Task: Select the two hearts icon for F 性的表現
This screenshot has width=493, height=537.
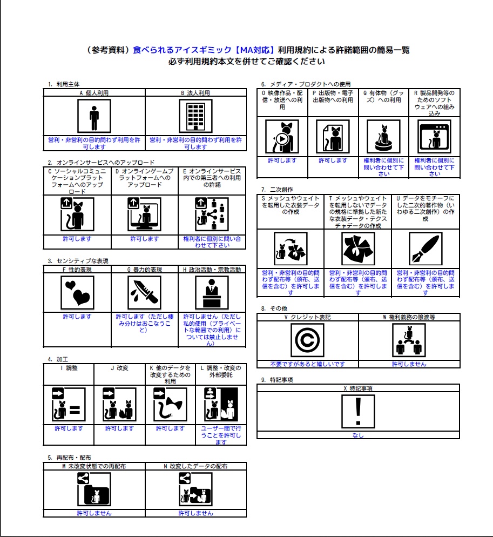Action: [x=77, y=292]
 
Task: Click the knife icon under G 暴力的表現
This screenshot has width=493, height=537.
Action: [x=144, y=292]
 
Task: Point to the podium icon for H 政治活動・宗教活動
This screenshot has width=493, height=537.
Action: [x=212, y=292]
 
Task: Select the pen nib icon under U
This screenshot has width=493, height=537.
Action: [x=425, y=248]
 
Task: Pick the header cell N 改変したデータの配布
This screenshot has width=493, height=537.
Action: [x=195, y=466]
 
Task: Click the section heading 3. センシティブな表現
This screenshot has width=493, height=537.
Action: [x=78, y=261]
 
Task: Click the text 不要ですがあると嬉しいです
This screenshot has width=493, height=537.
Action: [x=307, y=364]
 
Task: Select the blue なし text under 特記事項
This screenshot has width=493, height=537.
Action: [x=357, y=435]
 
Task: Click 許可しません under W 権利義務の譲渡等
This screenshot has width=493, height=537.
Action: [x=409, y=364]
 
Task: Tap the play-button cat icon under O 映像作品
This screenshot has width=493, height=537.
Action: [x=282, y=137]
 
